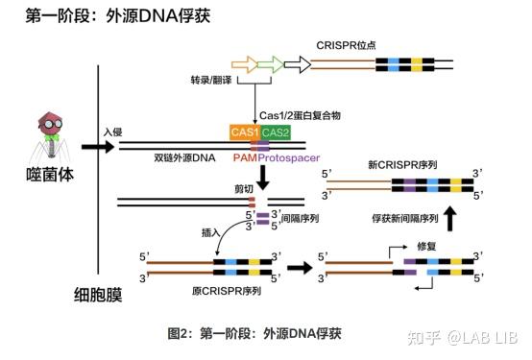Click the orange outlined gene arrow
(x=245, y=64)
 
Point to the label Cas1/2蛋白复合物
(x=302, y=114)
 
